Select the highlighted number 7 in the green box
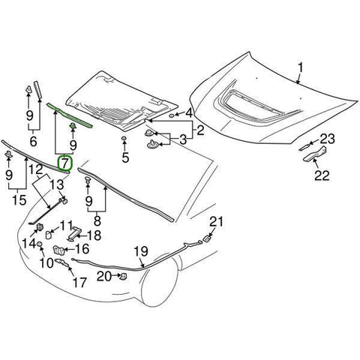pos(66,161)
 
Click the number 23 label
pos(328,138)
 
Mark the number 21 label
pos(217,221)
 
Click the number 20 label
pos(105,276)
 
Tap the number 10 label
pos(45,262)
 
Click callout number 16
pos(82,248)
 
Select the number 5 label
pos(125,158)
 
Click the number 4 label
pos(190,113)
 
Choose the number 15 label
pos(21,201)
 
